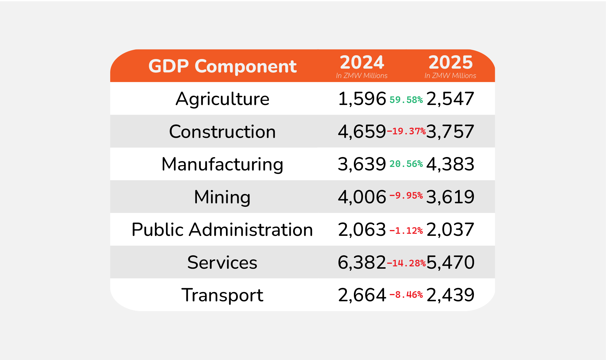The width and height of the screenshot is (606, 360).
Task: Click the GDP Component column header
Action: (x=222, y=66)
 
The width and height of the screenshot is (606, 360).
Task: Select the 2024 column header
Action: (x=362, y=62)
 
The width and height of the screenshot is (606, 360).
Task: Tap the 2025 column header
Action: (x=450, y=62)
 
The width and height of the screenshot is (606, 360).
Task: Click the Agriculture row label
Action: (x=222, y=99)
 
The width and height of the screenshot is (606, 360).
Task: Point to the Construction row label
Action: (x=222, y=131)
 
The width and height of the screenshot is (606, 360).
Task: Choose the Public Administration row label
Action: (x=222, y=229)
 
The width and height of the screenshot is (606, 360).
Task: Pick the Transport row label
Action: (x=222, y=295)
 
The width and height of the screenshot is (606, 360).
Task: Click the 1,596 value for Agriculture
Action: (x=362, y=99)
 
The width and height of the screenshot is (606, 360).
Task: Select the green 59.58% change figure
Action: (x=406, y=100)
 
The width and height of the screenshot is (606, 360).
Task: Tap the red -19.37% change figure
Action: (x=406, y=131)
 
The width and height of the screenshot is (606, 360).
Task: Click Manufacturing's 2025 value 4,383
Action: (x=450, y=164)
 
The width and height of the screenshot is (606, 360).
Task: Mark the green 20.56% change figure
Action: (x=406, y=164)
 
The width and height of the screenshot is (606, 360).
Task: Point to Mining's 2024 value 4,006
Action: (x=362, y=197)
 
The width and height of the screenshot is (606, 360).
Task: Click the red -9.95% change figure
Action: (x=406, y=195)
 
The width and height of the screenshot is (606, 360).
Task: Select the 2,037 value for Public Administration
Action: (x=450, y=229)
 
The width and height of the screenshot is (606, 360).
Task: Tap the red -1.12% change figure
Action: (x=406, y=231)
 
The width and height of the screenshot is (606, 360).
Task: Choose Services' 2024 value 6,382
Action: (x=362, y=262)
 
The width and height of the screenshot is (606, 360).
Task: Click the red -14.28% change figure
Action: (x=406, y=263)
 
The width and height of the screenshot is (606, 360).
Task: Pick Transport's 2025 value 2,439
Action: (x=450, y=295)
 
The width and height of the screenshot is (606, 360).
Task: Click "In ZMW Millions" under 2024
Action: (x=362, y=76)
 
